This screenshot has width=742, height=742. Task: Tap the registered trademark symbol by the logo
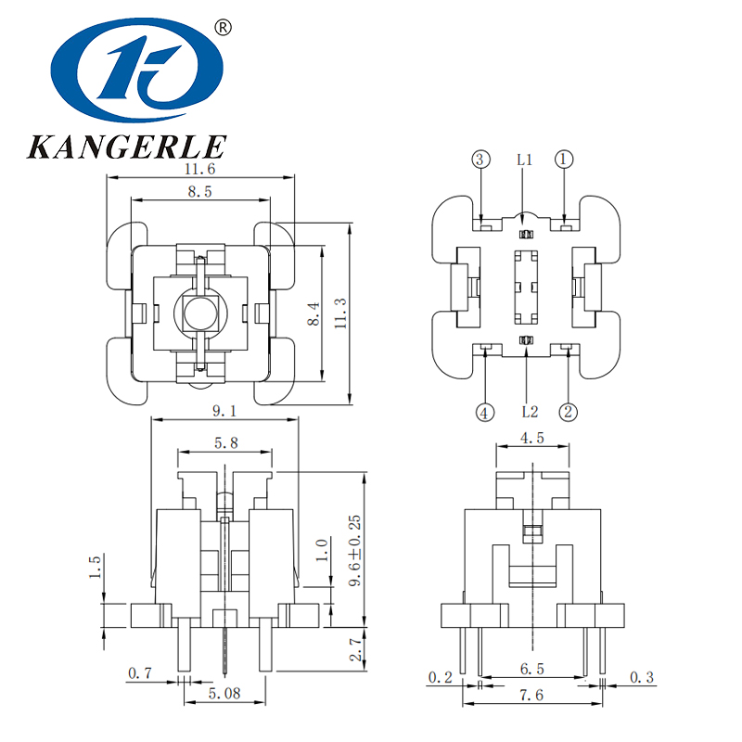tap(223, 28)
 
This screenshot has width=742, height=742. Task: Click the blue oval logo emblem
tap(137, 72)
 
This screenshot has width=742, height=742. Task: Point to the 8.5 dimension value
tap(199, 193)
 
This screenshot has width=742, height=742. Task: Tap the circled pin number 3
tap(480, 160)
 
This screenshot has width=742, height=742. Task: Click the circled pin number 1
tap(566, 160)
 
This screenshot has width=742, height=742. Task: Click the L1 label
tap(524, 160)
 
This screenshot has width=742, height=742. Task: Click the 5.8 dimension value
tap(224, 444)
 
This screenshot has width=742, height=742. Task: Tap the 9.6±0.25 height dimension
tap(353, 551)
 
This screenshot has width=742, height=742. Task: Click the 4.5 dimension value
tap(533, 438)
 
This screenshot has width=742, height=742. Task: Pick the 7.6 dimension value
tap(533, 695)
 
